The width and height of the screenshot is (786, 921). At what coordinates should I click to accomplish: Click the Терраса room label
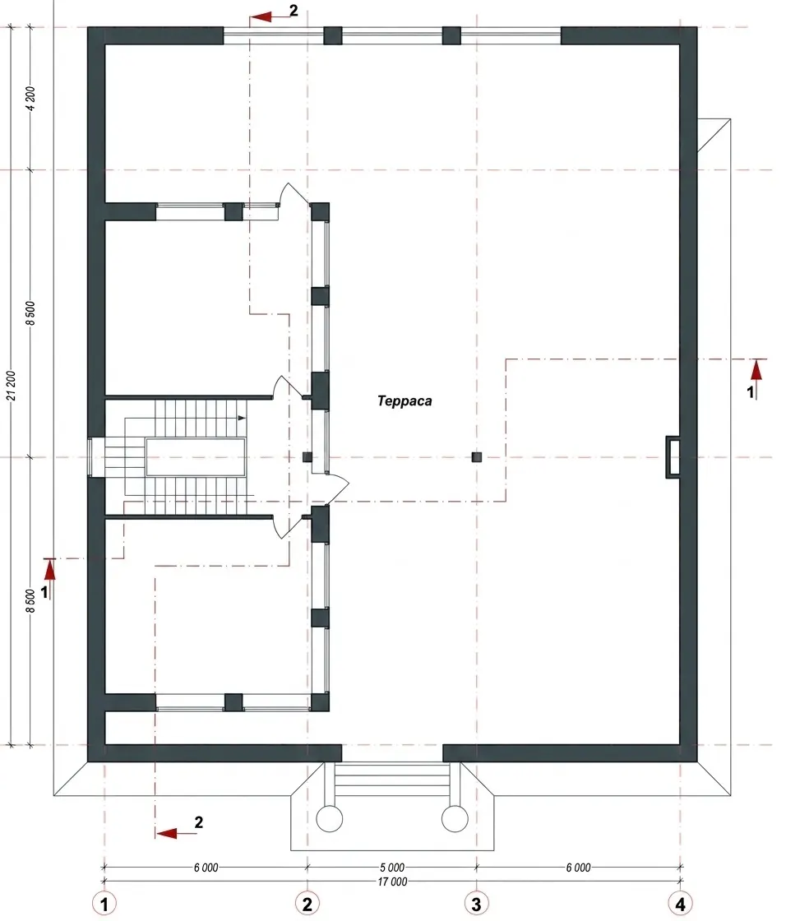tap(405, 401)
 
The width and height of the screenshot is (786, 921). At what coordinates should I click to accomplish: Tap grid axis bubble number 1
tap(104, 903)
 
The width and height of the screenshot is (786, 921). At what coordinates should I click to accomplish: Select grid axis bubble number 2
tap(307, 903)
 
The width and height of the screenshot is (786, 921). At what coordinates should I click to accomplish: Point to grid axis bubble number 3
tap(476, 903)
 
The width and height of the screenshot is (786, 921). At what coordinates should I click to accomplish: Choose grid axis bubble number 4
tap(680, 903)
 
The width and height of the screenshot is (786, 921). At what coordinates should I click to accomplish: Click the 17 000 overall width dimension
tap(392, 881)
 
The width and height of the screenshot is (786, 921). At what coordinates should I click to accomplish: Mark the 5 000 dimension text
tap(392, 867)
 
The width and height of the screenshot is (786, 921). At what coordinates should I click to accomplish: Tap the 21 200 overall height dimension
tap(12, 386)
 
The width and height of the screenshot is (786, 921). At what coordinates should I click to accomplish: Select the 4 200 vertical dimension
tap(30, 98)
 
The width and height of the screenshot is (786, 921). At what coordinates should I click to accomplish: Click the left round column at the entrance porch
tap(330, 818)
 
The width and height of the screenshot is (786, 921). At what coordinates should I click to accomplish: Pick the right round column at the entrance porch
tap(455, 818)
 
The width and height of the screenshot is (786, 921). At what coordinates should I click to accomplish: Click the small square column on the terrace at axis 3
tap(476, 456)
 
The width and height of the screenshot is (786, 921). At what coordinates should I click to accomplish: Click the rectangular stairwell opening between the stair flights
tap(196, 457)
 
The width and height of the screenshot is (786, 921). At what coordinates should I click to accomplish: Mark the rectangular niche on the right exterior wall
tap(673, 456)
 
